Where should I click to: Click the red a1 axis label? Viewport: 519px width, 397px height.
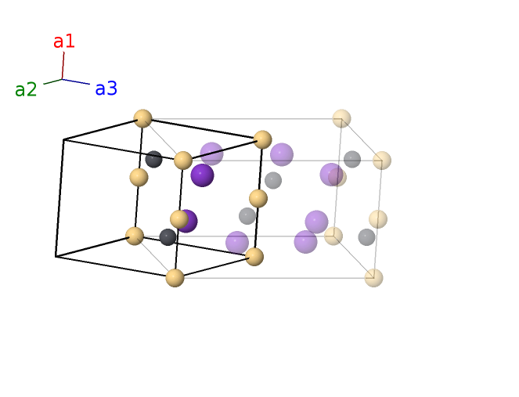[64, 42]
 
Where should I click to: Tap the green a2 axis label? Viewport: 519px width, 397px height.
[26, 90]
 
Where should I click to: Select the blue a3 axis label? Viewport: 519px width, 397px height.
[106, 89]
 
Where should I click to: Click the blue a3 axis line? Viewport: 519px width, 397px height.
[77, 81]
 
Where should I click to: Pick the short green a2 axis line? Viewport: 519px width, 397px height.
[52, 81]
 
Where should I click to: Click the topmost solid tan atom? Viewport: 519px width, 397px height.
[142, 118]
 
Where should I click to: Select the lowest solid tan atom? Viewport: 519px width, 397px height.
[175, 277]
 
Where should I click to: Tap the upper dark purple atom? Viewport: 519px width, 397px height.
[202, 175]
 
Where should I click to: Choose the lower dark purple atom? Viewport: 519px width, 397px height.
[187, 221]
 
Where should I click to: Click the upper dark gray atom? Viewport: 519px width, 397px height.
[153, 159]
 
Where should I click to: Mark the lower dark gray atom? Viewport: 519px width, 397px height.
[168, 237]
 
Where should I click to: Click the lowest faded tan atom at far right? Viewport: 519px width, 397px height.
[374, 277]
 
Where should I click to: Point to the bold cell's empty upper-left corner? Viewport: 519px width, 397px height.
[63, 140]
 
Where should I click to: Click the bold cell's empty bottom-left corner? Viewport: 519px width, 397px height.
[56, 256]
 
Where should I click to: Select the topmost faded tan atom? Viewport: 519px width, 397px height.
[341, 118]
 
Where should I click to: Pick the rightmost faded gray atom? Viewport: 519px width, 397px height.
[366, 236]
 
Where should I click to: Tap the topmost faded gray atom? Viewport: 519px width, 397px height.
[352, 159]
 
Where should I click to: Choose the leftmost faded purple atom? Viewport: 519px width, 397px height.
[211, 153]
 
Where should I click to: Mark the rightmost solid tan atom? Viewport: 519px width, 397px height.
[263, 140]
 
